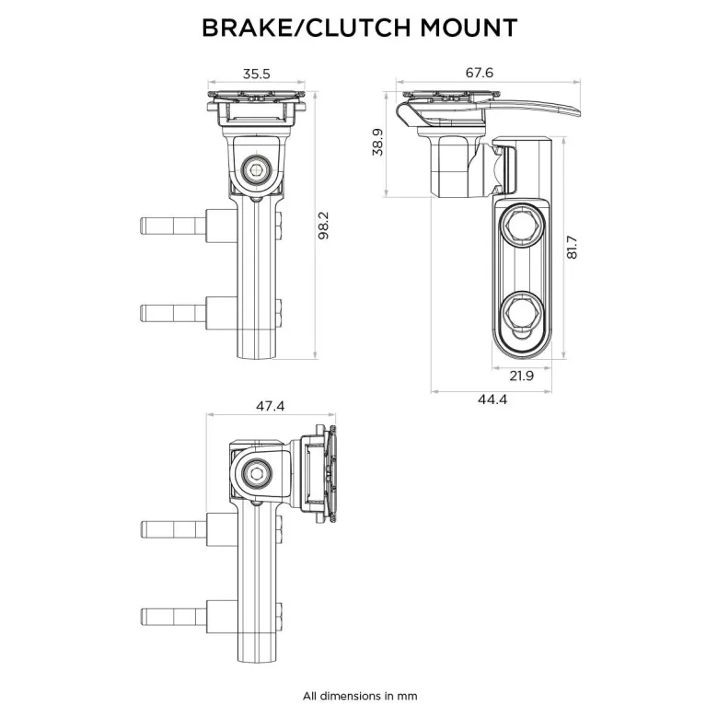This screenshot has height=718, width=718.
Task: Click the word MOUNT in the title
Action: click(x=469, y=28)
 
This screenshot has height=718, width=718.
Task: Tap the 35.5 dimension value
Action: click(x=257, y=74)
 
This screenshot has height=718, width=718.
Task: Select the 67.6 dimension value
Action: click(x=480, y=73)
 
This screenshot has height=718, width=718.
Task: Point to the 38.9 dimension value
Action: click(x=377, y=142)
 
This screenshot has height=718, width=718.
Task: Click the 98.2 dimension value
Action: click(x=324, y=226)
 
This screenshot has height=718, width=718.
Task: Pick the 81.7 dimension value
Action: click(x=572, y=248)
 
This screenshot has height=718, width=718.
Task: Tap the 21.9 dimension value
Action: click(x=522, y=376)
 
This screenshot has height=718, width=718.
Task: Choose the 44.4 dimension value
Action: click(x=492, y=400)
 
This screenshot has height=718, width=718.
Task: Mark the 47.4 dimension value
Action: click(x=270, y=406)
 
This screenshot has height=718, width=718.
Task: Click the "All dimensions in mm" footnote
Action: click(x=360, y=697)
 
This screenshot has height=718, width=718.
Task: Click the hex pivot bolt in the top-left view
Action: click(x=256, y=170)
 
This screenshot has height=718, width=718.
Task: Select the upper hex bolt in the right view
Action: click(x=522, y=224)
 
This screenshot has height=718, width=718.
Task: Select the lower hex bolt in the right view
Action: click(x=522, y=310)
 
